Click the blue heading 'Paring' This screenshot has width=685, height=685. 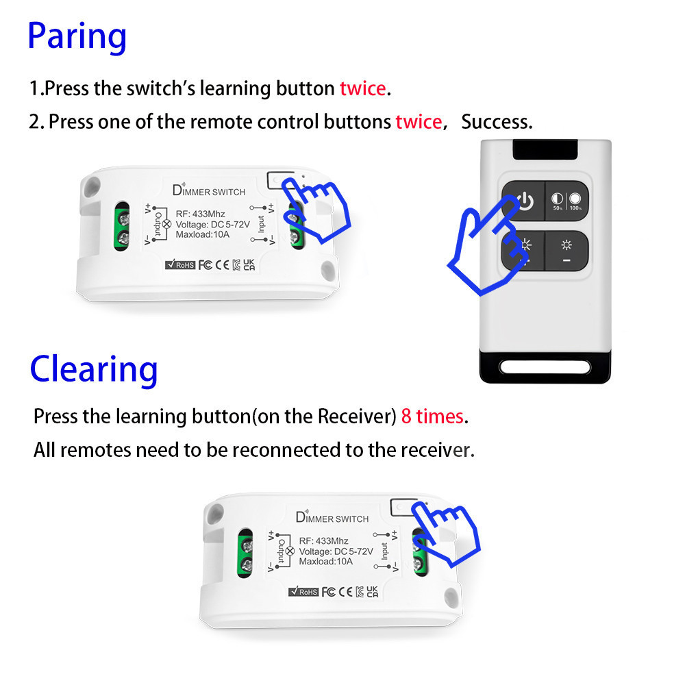(77, 38)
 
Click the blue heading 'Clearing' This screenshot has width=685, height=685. (93, 370)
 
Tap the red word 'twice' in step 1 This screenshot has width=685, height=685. (363, 88)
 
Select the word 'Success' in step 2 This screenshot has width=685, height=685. (496, 121)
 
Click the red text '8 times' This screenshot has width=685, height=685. (432, 416)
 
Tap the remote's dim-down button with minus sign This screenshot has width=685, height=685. (566, 251)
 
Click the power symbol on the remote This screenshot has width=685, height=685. (525, 201)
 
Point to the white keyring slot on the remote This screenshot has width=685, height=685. (545, 367)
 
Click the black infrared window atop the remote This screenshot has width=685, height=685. (545, 149)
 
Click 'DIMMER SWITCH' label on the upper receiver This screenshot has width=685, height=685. (209, 190)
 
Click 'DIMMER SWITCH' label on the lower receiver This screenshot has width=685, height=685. (332, 518)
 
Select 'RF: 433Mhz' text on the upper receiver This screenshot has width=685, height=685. (200, 214)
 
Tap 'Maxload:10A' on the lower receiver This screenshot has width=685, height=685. (325, 562)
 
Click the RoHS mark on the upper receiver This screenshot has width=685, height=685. (180, 264)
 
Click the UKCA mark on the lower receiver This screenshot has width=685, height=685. (372, 592)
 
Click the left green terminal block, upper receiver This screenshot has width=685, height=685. (122, 227)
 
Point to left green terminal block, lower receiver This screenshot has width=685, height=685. (245, 553)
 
